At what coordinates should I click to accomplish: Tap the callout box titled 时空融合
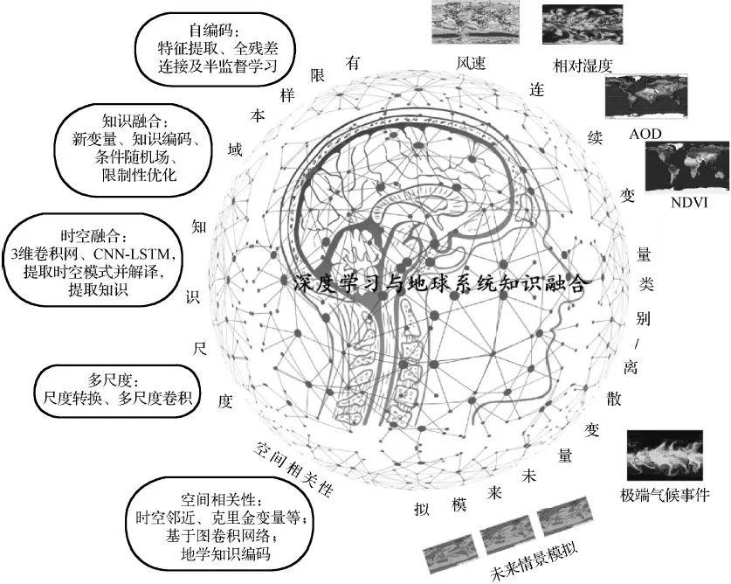point(95,262)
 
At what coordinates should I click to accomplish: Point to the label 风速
point(465,64)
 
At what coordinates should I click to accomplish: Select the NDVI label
point(690,204)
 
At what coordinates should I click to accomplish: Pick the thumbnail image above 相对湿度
point(582,24)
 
